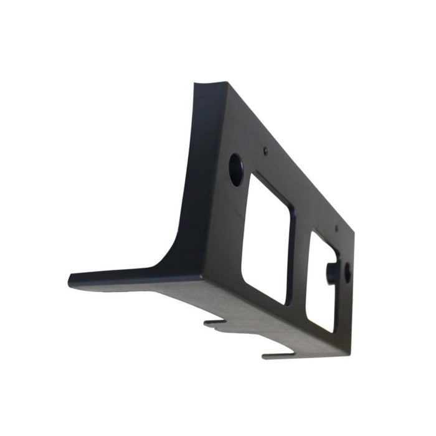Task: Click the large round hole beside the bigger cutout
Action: (236, 169)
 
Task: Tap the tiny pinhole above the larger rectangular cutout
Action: (266, 151)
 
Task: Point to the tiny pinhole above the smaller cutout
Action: (336, 228)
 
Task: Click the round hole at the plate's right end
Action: (347, 273)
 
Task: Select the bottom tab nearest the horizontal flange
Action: (214, 323)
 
